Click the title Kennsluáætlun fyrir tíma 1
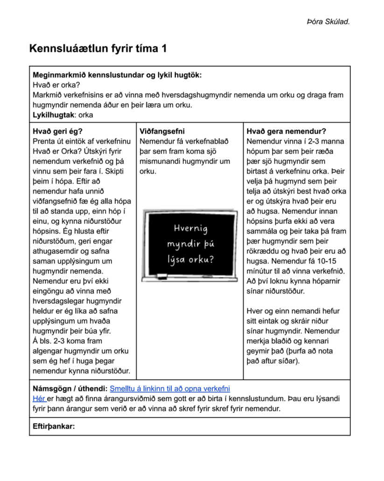(98, 49)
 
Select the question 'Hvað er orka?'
(56, 85)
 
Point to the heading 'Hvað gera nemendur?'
(286, 132)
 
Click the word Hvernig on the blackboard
(190, 228)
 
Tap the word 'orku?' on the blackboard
(202, 259)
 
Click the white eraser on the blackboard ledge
(162, 274)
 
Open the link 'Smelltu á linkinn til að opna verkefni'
(170, 389)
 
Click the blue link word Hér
(39, 399)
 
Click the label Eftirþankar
(54, 426)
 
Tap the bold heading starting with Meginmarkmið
(117, 75)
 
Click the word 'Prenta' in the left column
(44, 141)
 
